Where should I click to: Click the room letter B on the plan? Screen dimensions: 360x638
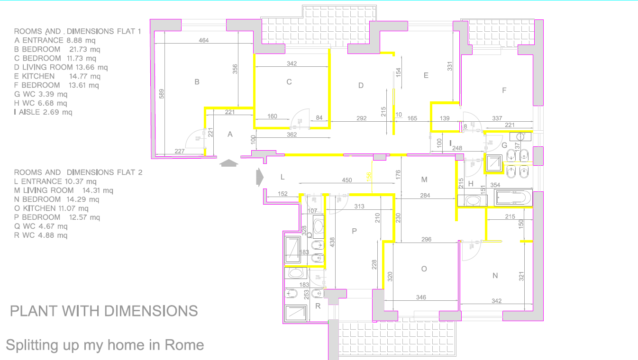(x=197, y=82)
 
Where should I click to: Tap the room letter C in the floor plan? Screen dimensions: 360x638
(x=289, y=82)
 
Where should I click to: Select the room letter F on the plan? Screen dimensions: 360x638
(x=504, y=90)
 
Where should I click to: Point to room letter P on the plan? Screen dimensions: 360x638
(x=354, y=231)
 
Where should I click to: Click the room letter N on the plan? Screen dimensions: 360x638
(x=495, y=275)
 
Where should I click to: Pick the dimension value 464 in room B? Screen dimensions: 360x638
(x=203, y=41)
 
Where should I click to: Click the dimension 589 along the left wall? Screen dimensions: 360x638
(x=162, y=94)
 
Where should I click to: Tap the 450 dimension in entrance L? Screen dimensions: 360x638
(x=347, y=180)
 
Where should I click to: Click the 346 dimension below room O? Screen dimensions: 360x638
(x=421, y=297)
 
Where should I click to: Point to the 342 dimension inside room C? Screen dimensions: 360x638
(x=292, y=63)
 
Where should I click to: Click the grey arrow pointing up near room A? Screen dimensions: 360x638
(x=229, y=163)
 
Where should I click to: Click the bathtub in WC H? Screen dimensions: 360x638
(x=513, y=198)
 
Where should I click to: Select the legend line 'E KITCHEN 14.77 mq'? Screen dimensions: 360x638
(x=57, y=76)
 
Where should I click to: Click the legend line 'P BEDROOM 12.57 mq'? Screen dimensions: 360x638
(x=57, y=217)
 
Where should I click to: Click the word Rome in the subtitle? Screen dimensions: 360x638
(x=184, y=345)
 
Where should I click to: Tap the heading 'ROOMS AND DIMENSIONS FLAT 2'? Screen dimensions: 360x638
(x=78, y=172)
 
